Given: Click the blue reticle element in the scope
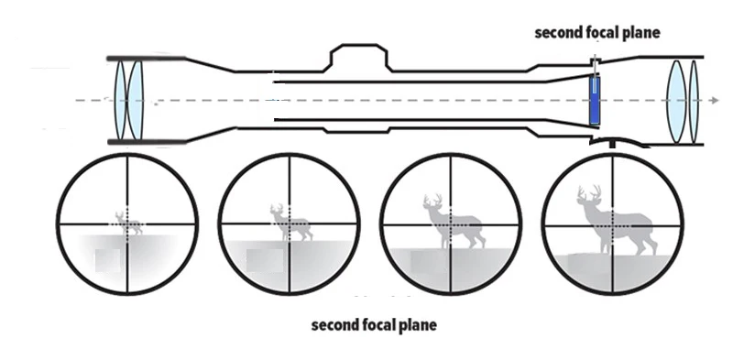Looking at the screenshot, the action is (x=595, y=101).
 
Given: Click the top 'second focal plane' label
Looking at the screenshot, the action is (x=597, y=32).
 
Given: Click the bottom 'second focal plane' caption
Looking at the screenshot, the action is (x=374, y=325).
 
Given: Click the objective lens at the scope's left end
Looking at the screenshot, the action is (x=128, y=100).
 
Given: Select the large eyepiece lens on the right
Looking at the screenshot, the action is (x=676, y=100).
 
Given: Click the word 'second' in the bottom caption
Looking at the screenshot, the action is (x=334, y=325).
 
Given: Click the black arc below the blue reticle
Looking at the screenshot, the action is (x=613, y=142).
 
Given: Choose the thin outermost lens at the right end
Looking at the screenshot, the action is (x=694, y=100).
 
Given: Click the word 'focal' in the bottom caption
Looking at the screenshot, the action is (x=378, y=325).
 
